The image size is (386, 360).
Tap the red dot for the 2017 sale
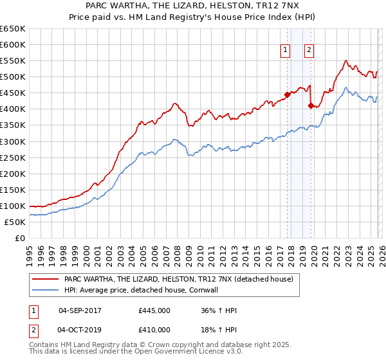click(287, 94)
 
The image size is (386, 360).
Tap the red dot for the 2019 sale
click(311, 106)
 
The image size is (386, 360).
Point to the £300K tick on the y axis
click(13, 141)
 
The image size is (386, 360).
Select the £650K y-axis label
click(13, 29)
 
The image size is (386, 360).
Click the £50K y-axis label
click(15, 222)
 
